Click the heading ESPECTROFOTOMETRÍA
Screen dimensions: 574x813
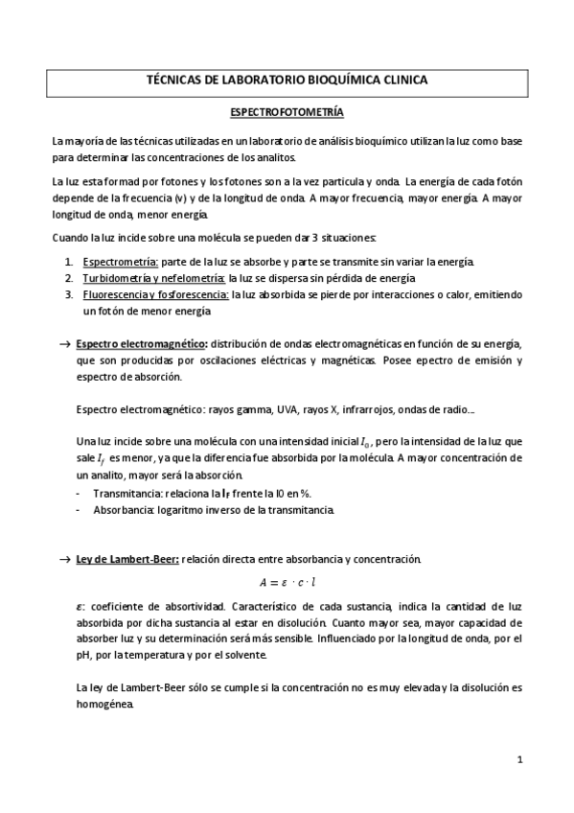pos(288,111)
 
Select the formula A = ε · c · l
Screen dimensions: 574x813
pos(288,582)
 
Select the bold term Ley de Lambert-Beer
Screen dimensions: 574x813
pos(126,558)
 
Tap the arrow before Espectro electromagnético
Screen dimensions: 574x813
pos(64,343)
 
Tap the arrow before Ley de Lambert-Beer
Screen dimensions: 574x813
pos(64,558)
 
